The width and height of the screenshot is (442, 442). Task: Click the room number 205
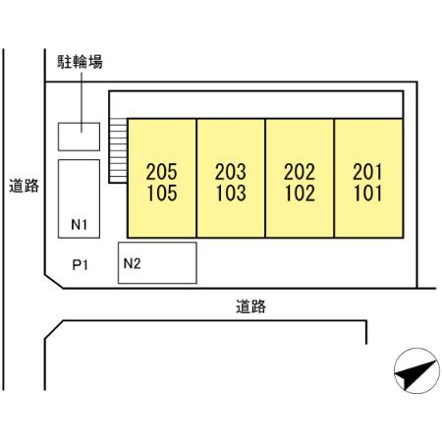(x=161, y=172)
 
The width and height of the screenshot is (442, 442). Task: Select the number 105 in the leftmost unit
(x=162, y=193)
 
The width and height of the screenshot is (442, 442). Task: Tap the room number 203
(x=231, y=172)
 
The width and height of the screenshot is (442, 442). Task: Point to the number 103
(x=231, y=193)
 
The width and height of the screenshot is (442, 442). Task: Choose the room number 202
(x=300, y=172)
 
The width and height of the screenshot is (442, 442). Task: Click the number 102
(x=300, y=193)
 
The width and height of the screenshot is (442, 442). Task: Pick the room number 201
(x=367, y=172)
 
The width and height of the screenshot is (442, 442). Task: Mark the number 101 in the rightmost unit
(x=368, y=193)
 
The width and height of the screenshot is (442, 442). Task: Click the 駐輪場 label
(x=80, y=62)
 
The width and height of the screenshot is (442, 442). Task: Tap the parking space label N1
(x=80, y=225)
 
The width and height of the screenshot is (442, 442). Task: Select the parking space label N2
(x=132, y=263)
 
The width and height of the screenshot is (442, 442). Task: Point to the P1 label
(x=81, y=265)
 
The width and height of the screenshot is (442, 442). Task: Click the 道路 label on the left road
(x=24, y=186)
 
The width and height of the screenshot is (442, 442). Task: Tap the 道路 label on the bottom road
(x=250, y=306)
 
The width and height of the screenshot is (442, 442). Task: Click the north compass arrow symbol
(x=416, y=373)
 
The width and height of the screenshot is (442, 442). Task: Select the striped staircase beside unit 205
(x=118, y=150)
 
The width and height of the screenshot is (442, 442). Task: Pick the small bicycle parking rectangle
(x=79, y=137)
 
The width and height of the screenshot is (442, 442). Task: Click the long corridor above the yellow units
(x=256, y=104)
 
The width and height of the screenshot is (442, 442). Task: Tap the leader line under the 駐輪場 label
(x=82, y=102)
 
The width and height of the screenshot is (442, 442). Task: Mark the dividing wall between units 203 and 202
(x=265, y=178)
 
